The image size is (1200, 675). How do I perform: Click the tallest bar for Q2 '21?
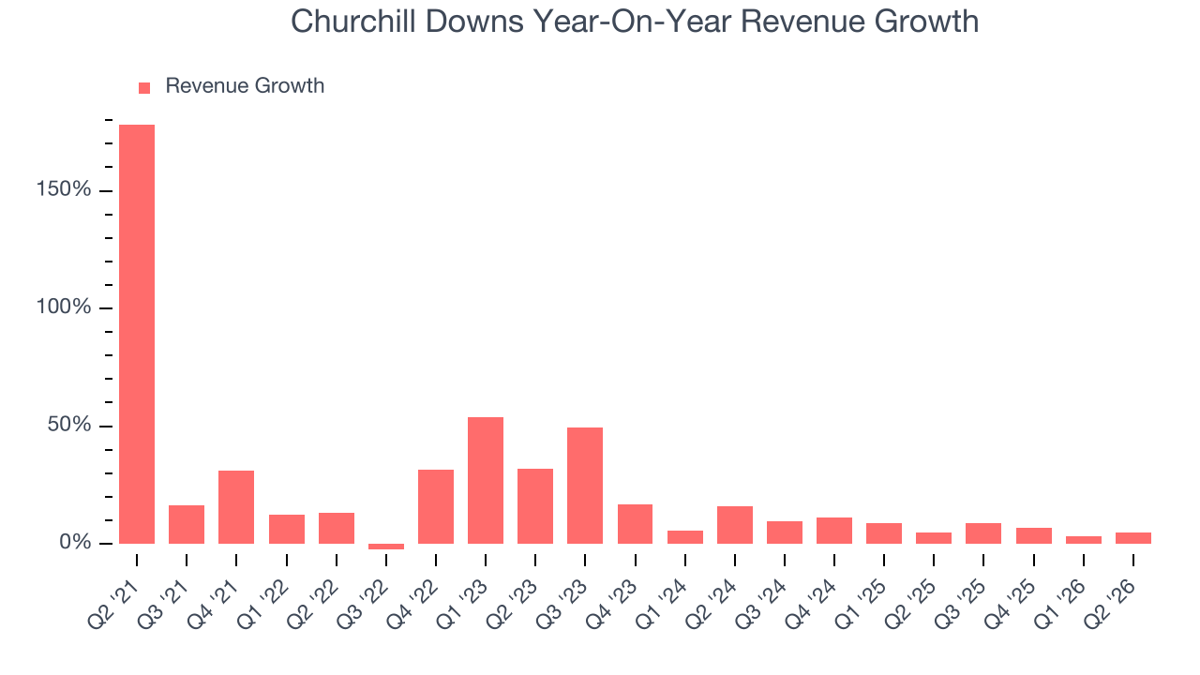click(x=137, y=335)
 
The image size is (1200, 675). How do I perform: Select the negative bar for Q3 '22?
click(x=386, y=547)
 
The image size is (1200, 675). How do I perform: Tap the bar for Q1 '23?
click(x=486, y=481)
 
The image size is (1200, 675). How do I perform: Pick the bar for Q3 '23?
click(x=585, y=486)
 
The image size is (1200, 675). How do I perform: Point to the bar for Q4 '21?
click(x=236, y=507)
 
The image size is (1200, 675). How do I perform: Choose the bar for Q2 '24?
click(x=735, y=525)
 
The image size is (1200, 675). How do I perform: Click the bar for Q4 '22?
click(x=436, y=507)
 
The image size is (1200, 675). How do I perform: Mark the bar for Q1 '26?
click(x=1084, y=540)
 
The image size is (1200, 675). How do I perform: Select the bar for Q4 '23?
click(x=636, y=524)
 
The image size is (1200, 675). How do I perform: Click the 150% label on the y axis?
click(x=63, y=189)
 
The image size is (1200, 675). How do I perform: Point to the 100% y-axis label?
click(x=63, y=307)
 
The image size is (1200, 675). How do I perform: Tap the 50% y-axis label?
click(x=69, y=425)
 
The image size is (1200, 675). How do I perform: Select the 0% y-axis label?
click(x=75, y=542)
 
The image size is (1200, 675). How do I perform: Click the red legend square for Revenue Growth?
click(x=144, y=88)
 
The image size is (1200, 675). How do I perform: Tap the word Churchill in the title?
click(x=353, y=22)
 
